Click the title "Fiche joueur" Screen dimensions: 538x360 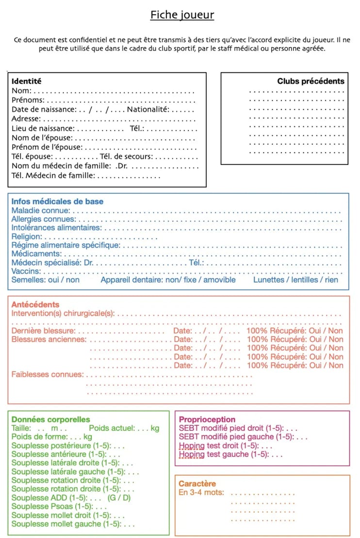[x=182, y=15]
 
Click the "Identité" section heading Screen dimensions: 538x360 [x=27, y=82]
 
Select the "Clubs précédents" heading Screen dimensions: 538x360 [x=311, y=82]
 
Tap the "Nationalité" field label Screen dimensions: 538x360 [x=148, y=109]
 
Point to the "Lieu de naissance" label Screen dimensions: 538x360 [x=43, y=128]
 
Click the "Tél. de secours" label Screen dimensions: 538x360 [x=126, y=156]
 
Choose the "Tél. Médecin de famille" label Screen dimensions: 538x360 [x=53, y=175]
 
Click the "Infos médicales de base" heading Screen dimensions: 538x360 [x=57, y=202]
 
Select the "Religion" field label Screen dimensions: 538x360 [x=27, y=237]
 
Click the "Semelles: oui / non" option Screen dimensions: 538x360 [x=46, y=280]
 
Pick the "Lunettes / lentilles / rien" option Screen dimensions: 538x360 [x=295, y=280]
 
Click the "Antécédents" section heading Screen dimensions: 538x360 [x=35, y=304]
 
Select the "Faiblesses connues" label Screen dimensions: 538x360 [x=47, y=374]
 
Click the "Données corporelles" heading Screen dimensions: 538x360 [x=50, y=420]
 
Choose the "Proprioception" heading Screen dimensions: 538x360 [x=207, y=420]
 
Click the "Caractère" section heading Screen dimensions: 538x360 [x=197, y=484]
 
